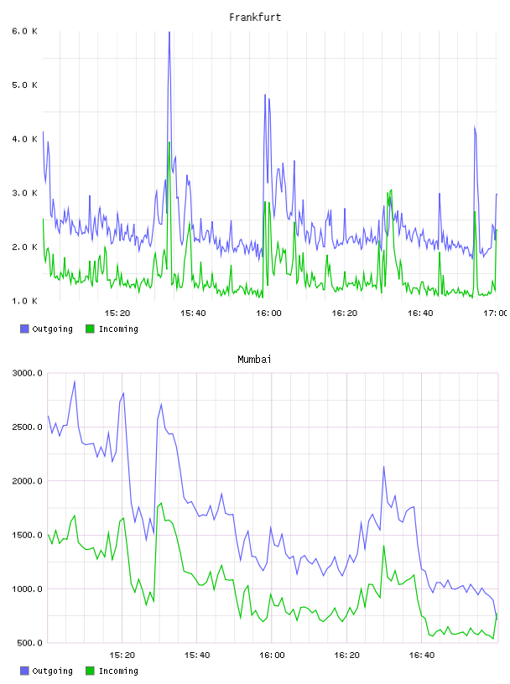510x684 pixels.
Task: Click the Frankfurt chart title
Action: pos(255,18)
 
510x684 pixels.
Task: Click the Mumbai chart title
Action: pos(254,360)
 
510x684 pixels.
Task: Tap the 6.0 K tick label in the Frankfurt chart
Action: pos(24,31)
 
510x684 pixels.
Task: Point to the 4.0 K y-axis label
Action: pos(24,139)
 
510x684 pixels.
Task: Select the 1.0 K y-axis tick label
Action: pos(24,301)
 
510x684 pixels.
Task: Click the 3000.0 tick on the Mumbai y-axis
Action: pos(27,373)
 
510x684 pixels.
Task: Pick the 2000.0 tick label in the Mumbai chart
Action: pos(27,480)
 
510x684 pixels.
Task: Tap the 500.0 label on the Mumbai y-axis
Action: pos(29,643)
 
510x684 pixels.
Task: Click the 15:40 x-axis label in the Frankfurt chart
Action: pos(193,313)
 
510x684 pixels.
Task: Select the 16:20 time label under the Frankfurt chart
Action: pos(345,313)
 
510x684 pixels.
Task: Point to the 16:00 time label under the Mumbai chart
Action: pos(272,655)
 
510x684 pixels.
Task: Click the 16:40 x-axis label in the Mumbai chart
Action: pos(422,655)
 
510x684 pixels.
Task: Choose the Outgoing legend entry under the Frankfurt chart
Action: pos(46,329)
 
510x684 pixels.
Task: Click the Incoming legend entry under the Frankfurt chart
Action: pos(112,329)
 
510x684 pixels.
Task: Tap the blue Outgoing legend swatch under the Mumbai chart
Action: pos(24,671)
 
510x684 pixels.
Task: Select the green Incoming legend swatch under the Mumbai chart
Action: pos(90,671)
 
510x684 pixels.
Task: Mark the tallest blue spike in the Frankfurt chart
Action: pos(169,33)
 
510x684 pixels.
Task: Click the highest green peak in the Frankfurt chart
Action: pos(169,142)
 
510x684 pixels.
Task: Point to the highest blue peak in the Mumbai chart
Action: pos(75,381)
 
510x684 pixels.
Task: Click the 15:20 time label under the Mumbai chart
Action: pos(122,655)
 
